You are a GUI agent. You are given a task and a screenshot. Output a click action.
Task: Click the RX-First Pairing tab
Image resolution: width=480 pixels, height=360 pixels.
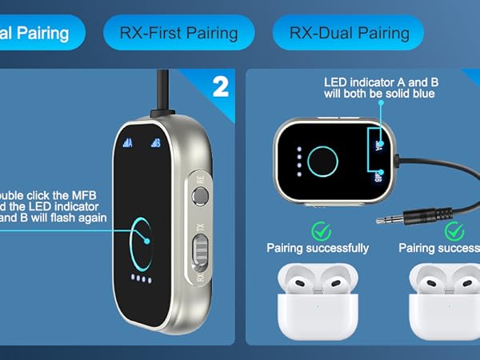pyautogui.click(x=178, y=33)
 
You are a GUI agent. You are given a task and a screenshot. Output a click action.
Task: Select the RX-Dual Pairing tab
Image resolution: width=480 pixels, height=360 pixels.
pyautogui.click(x=349, y=33)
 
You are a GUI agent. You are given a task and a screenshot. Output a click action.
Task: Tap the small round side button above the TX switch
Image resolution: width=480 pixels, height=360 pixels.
pyautogui.click(x=201, y=194)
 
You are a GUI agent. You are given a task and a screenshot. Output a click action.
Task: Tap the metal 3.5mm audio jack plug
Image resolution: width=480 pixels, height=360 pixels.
pyautogui.click(x=416, y=215)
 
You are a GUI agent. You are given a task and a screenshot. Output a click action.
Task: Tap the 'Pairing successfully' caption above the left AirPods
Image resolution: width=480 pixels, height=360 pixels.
pyautogui.click(x=318, y=248)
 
